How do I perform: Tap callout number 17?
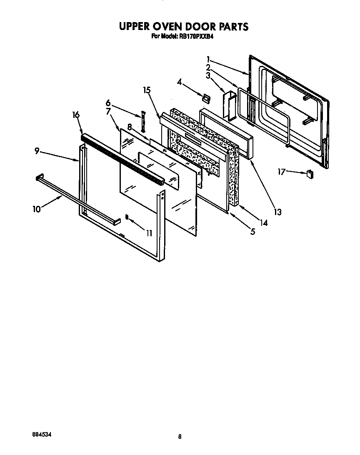[x=282, y=171]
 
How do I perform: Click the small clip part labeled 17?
[x=310, y=173]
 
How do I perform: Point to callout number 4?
[x=179, y=82]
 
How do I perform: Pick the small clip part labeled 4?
[x=206, y=97]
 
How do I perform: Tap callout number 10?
[x=37, y=209]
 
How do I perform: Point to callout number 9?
[x=37, y=151]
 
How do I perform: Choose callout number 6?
[x=108, y=102]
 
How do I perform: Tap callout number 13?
[x=277, y=212]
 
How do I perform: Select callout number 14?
[x=263, y=222]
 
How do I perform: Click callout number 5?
[x=252, y=232]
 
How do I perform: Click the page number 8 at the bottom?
[x=180, y=437]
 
